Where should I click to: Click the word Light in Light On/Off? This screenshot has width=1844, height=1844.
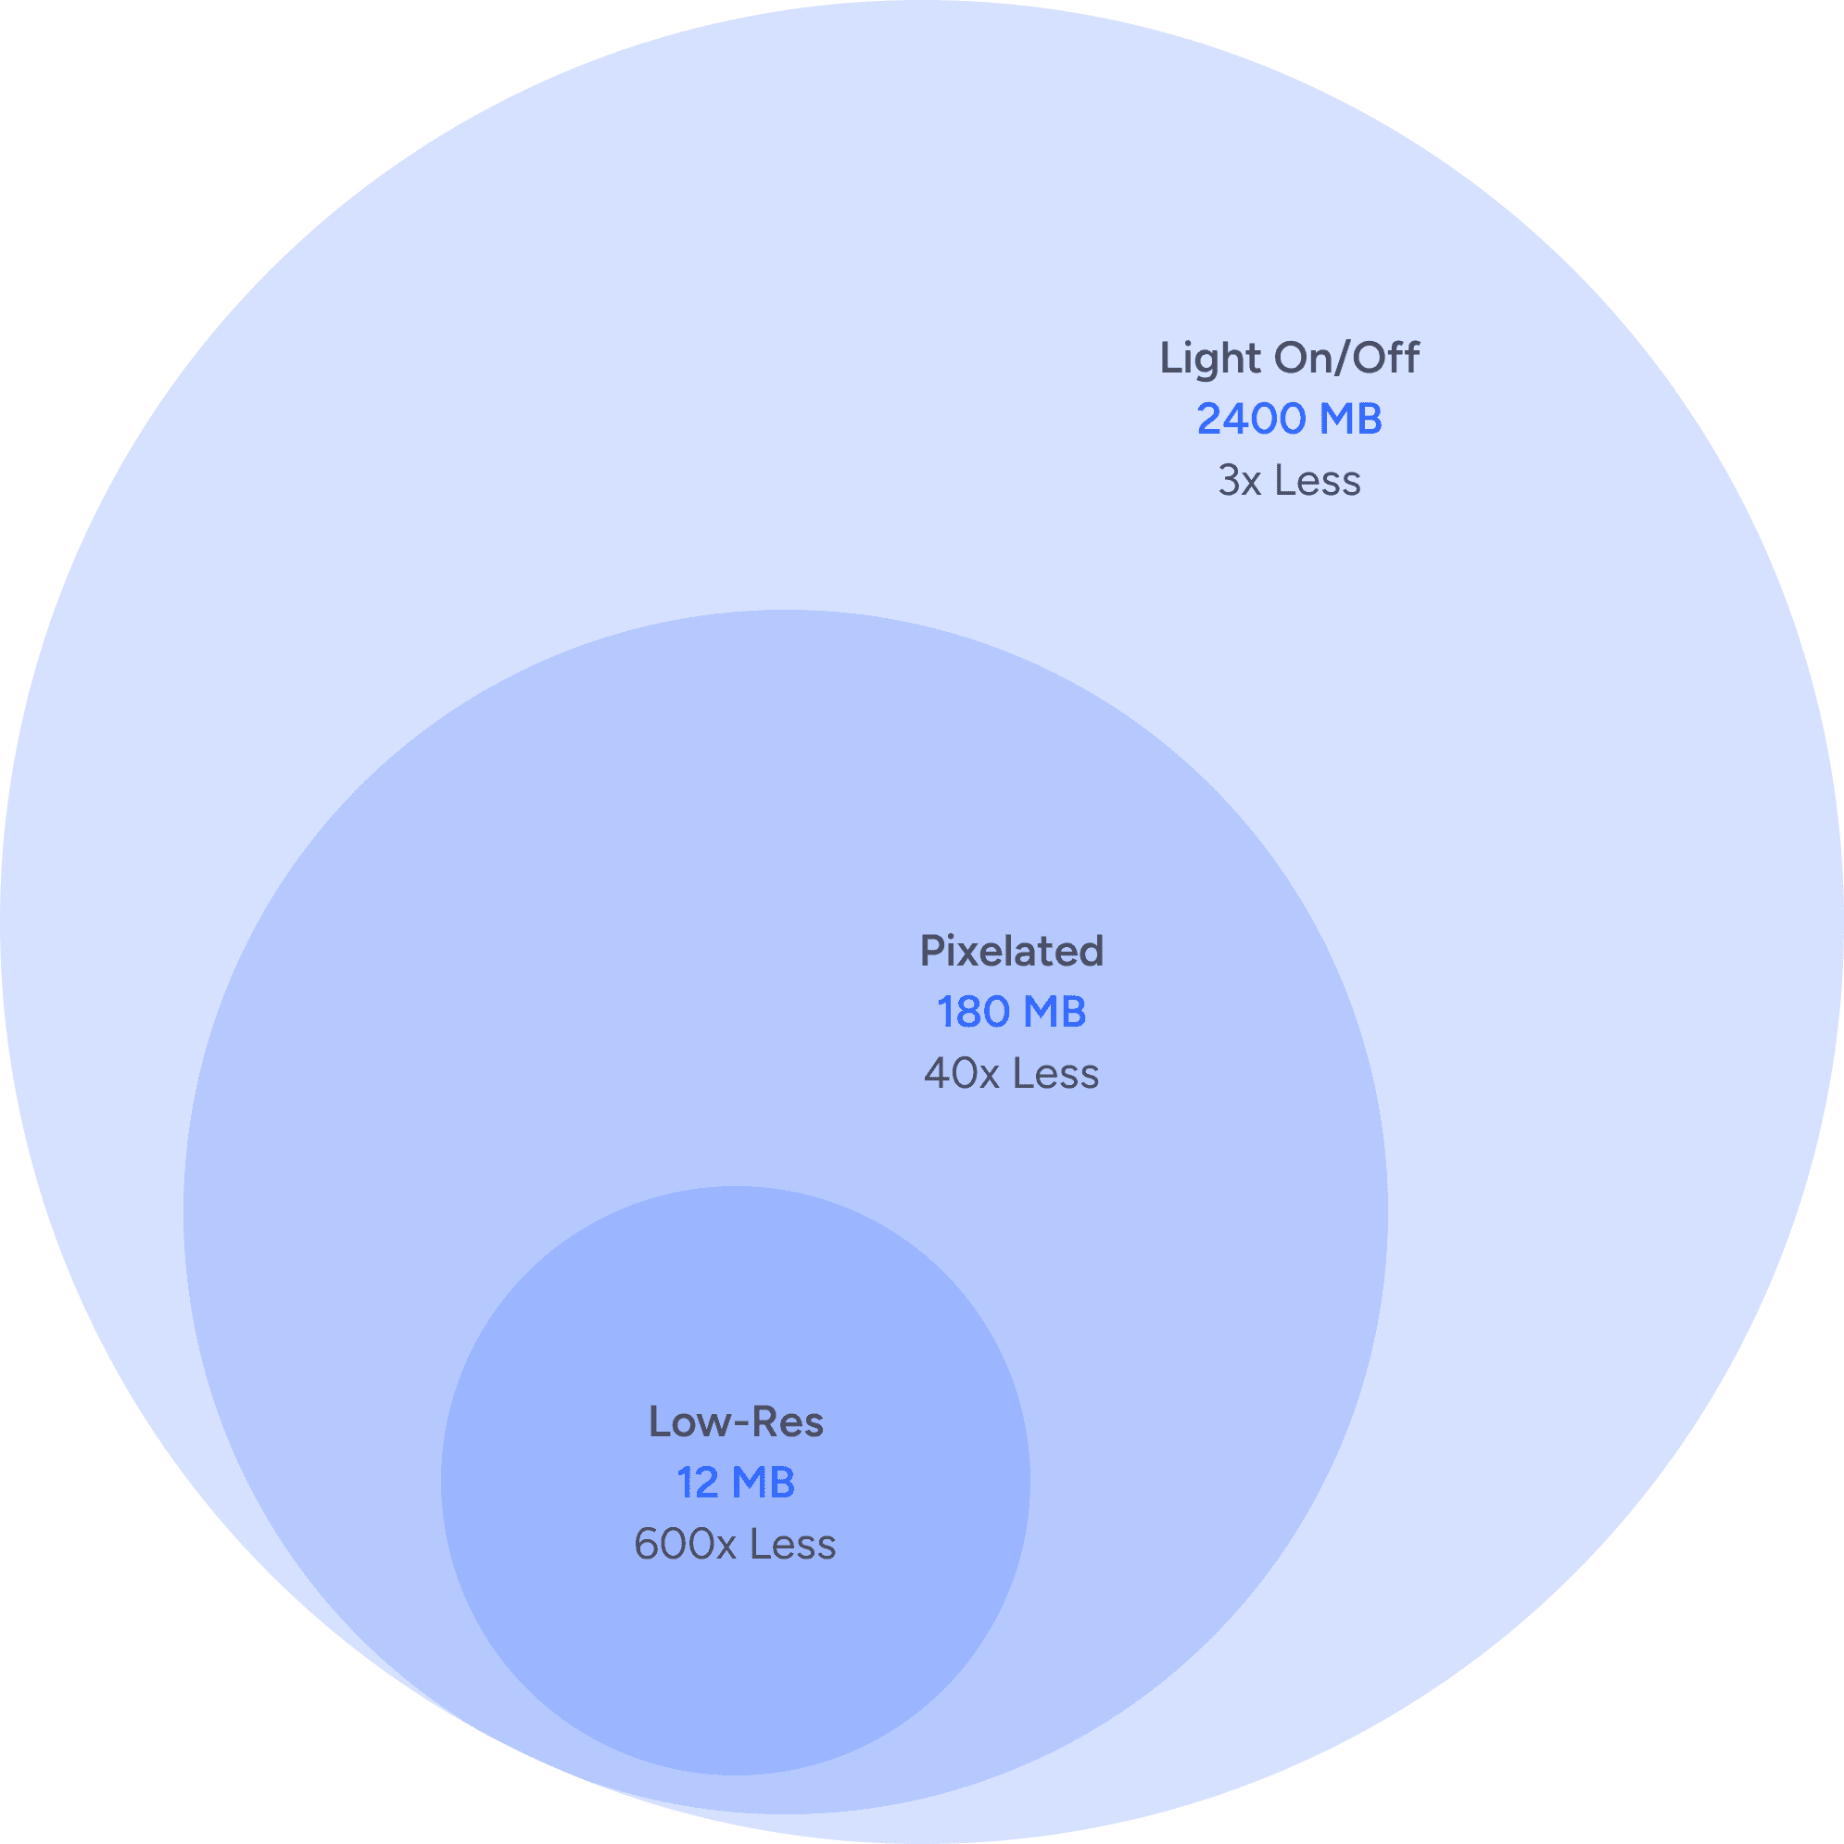coord(1209,359)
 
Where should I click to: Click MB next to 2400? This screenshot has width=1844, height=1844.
coord(1350,420)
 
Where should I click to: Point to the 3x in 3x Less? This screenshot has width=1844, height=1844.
coord(1239,481)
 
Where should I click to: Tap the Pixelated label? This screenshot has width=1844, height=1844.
coord(1012,952)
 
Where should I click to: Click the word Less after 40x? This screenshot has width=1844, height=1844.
coord(1055,1075)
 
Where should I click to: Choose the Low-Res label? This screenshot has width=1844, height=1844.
coord(736,1422)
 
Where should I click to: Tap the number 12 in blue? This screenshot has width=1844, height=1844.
coord(697,1484)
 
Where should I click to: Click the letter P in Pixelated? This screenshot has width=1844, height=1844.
coord(931,952)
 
